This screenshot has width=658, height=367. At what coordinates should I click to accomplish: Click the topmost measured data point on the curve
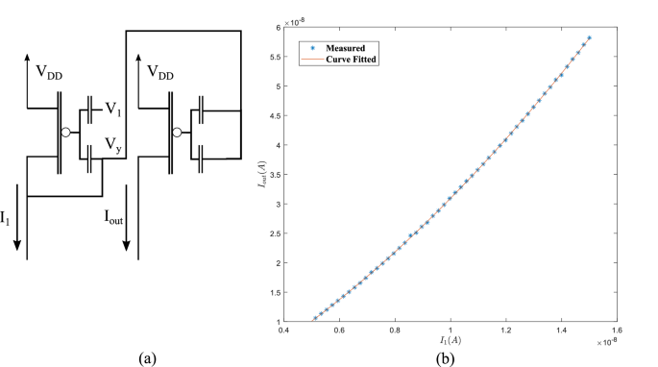590,37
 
